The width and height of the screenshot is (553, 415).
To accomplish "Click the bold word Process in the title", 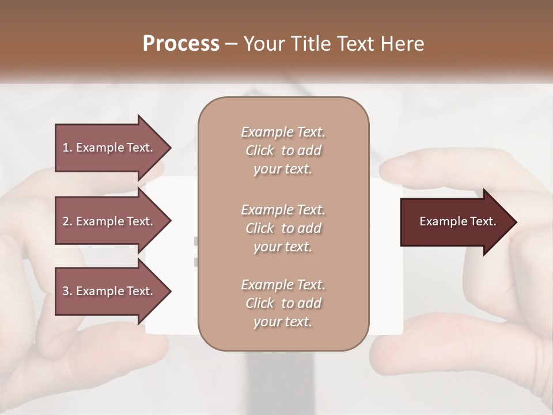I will point(181,44).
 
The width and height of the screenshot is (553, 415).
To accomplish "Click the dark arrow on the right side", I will point(458,222).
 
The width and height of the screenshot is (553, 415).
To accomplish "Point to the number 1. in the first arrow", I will point(67,148).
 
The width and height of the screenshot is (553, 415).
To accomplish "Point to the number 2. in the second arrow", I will point(67,221).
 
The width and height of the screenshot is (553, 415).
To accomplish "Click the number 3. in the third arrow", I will point(67,291).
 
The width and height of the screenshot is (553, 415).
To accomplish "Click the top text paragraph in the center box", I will point(283,150).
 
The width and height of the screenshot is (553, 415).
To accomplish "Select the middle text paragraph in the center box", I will point(283,228).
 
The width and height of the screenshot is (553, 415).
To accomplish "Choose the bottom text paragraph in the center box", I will point(283,303).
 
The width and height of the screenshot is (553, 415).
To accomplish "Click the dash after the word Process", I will point(231,44).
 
